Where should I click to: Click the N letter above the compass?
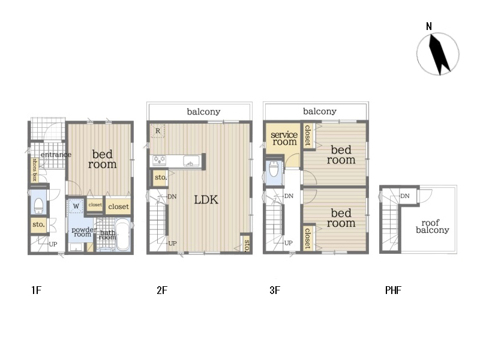429,26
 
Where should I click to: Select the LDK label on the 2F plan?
206,200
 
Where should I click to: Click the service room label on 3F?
284,138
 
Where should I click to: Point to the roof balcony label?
432,226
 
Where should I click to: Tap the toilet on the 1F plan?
38,206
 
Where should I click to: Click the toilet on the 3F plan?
274,169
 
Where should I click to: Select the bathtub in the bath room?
123,234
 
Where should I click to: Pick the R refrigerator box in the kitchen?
158,131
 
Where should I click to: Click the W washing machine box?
76,206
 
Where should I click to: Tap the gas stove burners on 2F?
159,160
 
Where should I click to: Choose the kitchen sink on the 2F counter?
191,161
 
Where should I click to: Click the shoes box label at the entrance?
35,170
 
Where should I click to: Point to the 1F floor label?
36,290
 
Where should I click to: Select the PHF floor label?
393,290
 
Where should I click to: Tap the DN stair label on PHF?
404,196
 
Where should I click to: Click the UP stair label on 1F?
53,244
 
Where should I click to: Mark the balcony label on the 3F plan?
320,112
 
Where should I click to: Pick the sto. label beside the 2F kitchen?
161,177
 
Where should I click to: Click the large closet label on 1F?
118,206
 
